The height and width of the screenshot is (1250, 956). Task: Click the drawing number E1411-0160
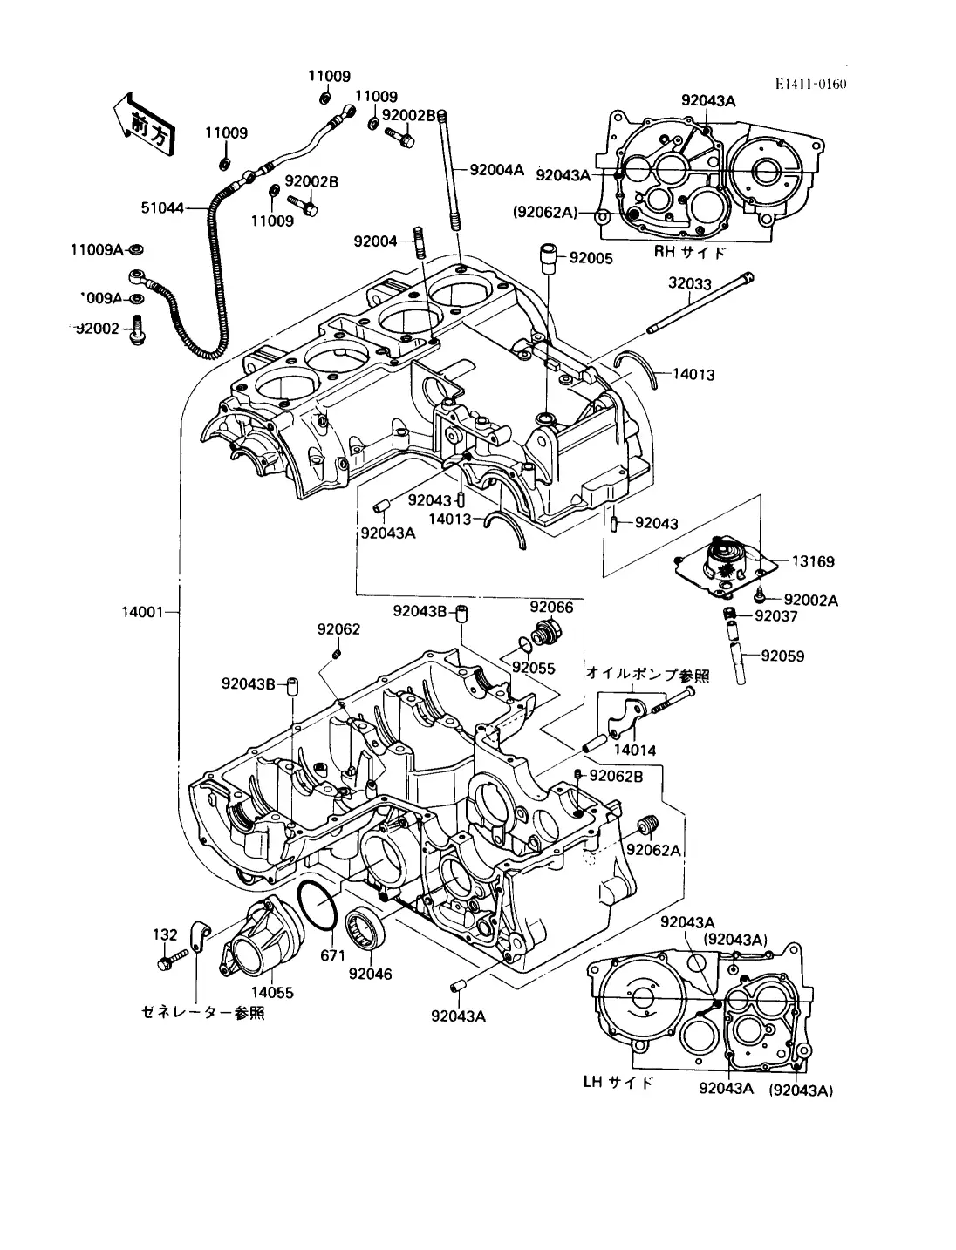coord(811,85)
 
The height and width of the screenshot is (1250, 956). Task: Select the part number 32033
coord(690,283)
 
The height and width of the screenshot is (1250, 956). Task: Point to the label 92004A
coord(496,170)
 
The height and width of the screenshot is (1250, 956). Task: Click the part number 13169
coord(813,561)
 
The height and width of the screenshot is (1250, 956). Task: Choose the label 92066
coord(551,608)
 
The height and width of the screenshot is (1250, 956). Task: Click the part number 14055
coord(273,992)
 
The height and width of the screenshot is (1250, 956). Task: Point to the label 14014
coord(634,750)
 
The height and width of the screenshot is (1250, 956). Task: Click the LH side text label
coord(618,1083)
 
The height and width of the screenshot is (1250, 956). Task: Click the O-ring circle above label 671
coord(317,907)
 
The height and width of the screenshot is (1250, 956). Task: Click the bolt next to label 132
coord(173,961)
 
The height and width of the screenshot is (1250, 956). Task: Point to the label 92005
coord(591,258)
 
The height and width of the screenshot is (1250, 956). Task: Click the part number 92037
coord(775,616)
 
